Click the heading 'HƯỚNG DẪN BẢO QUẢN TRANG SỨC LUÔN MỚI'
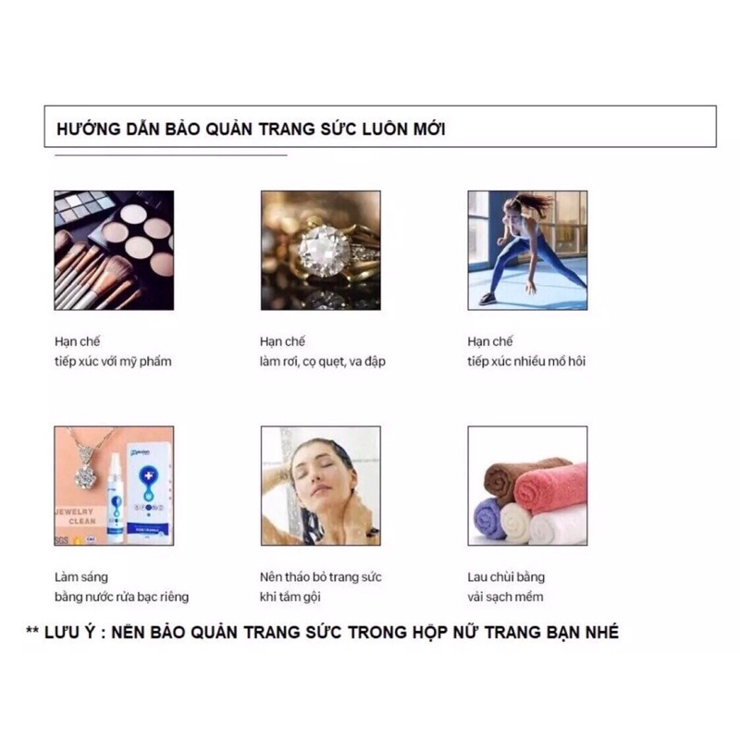[x=252, y=129]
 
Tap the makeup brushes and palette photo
[x=114, y=250]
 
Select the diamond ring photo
[x=320, y=250]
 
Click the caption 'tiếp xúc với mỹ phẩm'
[x=112, y=362]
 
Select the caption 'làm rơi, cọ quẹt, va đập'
[x=323, y=362]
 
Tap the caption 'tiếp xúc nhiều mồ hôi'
[x=526, y=362]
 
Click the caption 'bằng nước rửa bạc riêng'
[x=121, y=597]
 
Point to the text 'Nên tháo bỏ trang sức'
[x=321, y=577]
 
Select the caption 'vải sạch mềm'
[x=505, y=597]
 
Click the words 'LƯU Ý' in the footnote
[x=72, y=633]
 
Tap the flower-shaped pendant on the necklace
[x=86, y=475]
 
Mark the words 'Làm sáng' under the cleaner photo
[x=80, y=577]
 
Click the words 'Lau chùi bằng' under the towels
[x=506, y=577]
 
